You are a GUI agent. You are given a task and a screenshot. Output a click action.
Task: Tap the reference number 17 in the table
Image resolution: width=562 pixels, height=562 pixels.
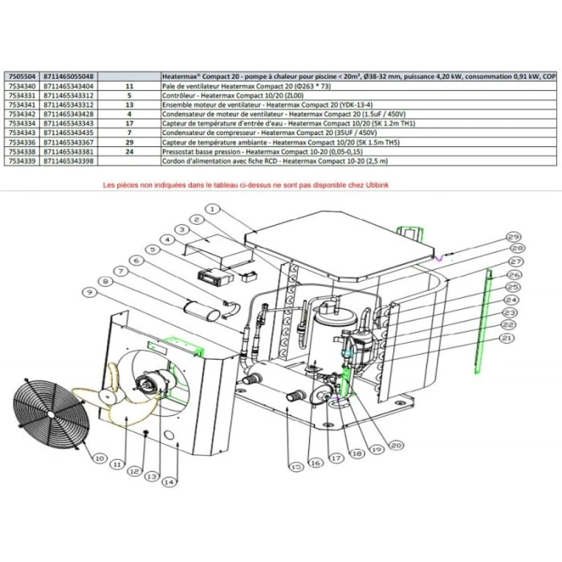(x=128, y=124)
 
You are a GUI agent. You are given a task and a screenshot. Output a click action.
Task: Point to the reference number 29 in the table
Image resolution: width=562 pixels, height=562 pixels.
(x=128, y=142)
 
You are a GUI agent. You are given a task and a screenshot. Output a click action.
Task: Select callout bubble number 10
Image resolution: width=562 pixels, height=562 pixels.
(x=99, y=458)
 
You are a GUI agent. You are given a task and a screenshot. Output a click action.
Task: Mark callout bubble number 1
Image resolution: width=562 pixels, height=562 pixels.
(x=211, y=208)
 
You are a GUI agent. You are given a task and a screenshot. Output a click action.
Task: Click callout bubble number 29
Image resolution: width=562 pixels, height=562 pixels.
(x=513, y=237)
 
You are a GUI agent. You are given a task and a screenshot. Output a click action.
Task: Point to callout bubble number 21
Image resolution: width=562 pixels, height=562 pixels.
(x=505, y=339)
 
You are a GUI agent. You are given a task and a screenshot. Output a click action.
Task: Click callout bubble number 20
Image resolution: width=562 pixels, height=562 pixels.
(x=395, y=445)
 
